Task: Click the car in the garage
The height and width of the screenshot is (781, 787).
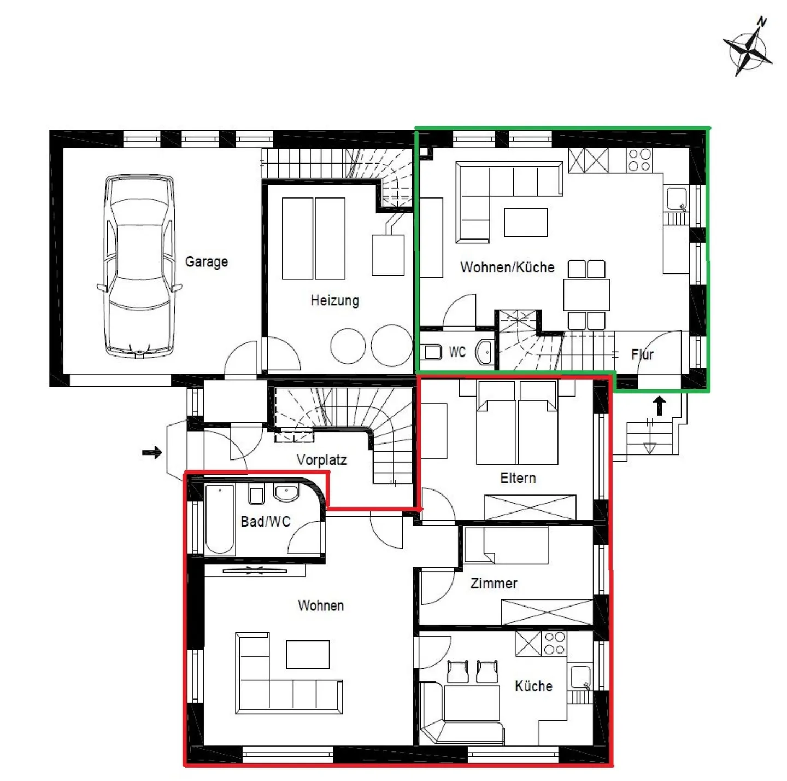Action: [139, 266]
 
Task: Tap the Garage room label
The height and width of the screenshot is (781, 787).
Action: [206, 261]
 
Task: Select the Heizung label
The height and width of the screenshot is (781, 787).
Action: [334, 301]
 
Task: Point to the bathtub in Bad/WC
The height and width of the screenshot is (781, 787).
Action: [220, 520]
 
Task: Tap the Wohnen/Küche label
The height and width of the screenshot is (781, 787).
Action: [507, 267]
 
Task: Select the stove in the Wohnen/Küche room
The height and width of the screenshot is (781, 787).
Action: [639, 160]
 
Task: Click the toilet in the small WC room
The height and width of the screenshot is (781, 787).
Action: [433, 352]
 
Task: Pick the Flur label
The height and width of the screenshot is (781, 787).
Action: [642, 354]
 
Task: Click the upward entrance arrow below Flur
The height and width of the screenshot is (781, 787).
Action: [660, 406]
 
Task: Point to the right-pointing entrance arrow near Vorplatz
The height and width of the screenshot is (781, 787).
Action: [152, 452]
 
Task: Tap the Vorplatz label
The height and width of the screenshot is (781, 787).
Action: [322, 460]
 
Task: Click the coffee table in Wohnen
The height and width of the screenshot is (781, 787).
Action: [308, 654]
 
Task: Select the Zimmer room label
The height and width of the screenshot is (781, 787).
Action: [494, 583]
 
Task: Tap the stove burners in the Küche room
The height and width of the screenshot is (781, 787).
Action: [555, 643]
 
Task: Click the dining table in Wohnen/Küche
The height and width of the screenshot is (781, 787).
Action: [586, 295]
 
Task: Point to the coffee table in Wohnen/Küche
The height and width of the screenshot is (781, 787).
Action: [526, 223]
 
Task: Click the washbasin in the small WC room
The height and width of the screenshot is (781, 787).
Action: [485, 352]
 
